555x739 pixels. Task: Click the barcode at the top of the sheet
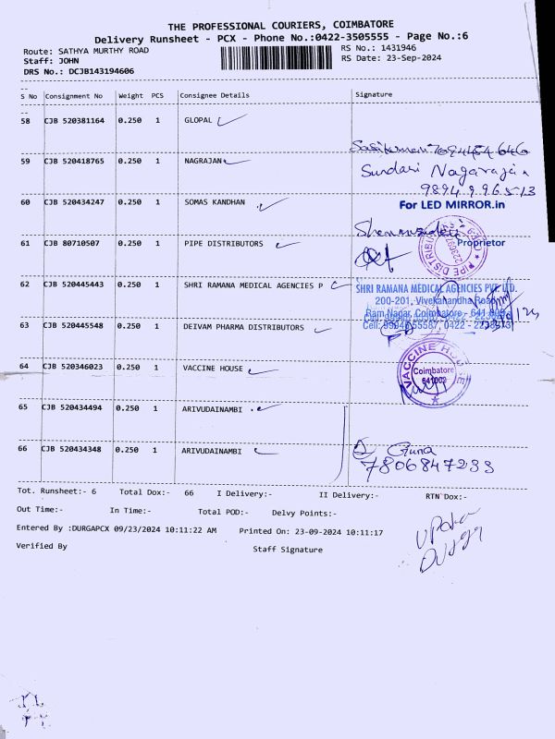pyautogui.click(x=277, y=56)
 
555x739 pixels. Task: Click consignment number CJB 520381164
pyautogui.click(x=74, y=121)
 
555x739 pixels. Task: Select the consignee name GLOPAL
pyautogui.click(x=198, y=121)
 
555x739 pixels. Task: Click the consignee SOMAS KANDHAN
pyautogui.click(x=215, y=201)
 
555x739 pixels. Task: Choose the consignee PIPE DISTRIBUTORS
pyautogui.click(x=223, y=244)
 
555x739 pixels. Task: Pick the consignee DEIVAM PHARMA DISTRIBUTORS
pyautogui.click(x=243, y=327)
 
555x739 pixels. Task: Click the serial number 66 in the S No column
pyautogui.click(x=25, y=449)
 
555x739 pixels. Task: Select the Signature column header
pyautogui.click(x=374, y=94)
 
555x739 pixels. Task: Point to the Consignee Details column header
pyautogui.click(x=215, y=95)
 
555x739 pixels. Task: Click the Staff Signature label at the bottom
pyautogui.click(x=288, y=550)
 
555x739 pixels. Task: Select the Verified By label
pyautogui.click(x=42, y=546)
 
